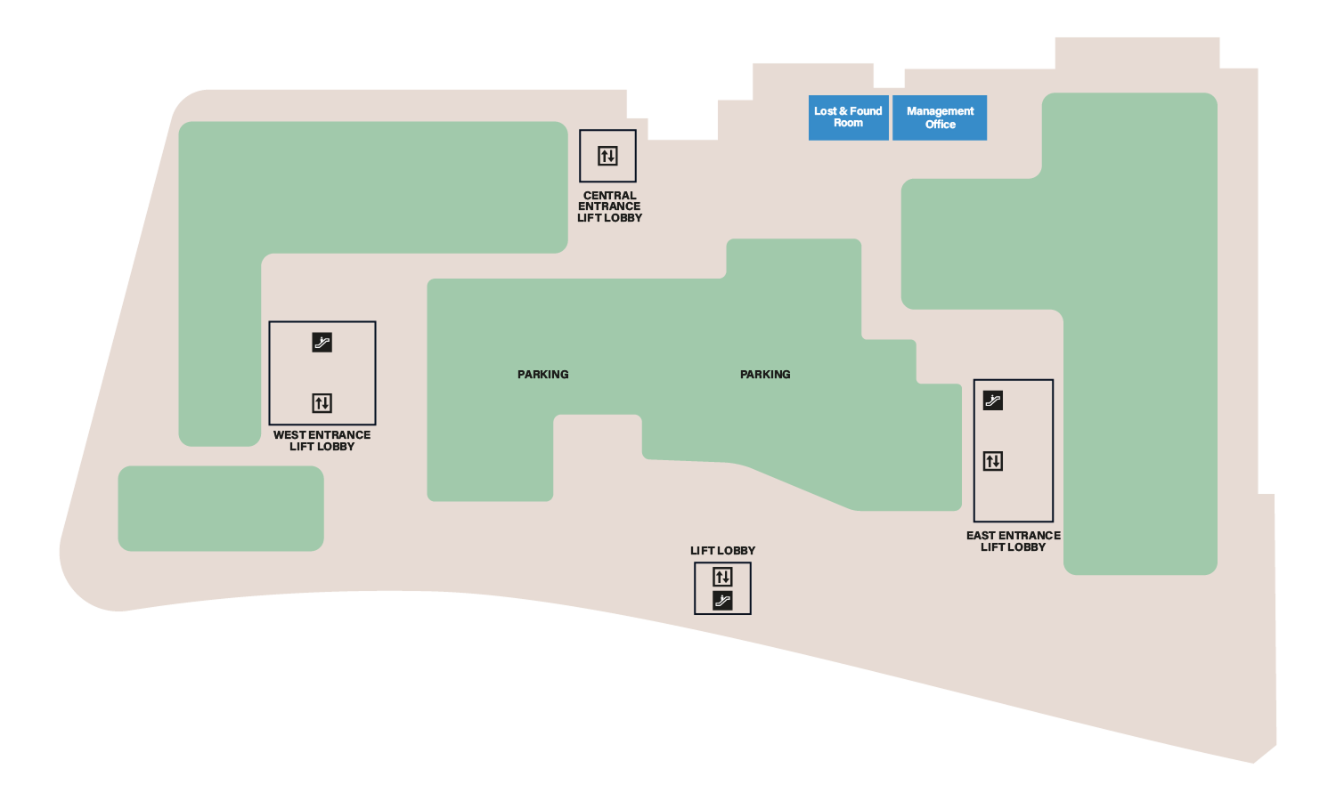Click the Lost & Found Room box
[848, 117]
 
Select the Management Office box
[940, 117]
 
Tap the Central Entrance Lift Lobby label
[609, 206]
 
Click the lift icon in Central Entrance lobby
[607, 156]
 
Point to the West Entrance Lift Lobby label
[322, 441]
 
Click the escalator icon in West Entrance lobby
[322, 342]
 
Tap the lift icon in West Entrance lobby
[322, 403]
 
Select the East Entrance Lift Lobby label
[1014, 541]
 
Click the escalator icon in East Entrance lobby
[993, 400]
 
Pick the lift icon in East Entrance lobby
[993, 461]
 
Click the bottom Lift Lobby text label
[722, 551]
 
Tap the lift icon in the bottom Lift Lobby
[722, 577]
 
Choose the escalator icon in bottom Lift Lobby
[722, 601]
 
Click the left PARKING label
[542, 375]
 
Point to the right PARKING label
[765, 375]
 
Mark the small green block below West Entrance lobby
[221, 508]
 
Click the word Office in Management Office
[940, 125]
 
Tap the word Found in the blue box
[866, 111]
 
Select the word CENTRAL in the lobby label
[609, 196]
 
